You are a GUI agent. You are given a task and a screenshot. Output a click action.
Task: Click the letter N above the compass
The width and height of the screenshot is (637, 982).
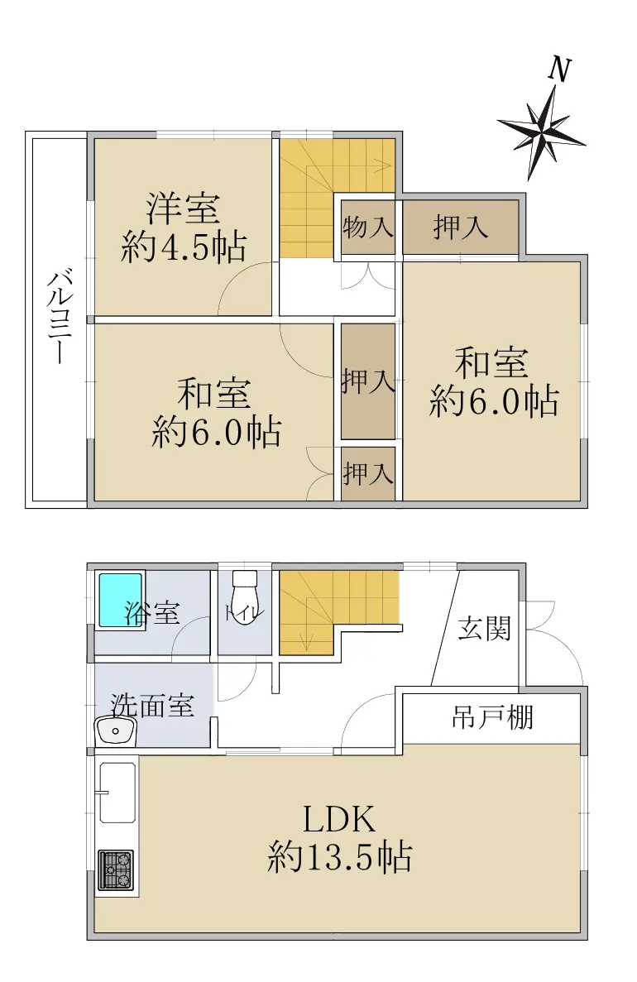coord(559,69)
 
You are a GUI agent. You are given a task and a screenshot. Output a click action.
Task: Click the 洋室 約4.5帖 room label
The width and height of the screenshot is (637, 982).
coord(184,228)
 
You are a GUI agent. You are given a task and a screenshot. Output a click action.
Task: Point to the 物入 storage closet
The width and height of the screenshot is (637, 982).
coord(367,227)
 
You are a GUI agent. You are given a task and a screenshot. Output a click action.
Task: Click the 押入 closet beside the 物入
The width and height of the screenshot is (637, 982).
coord(460,227)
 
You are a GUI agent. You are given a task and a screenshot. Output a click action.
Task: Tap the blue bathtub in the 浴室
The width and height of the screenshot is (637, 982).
coord(121,599)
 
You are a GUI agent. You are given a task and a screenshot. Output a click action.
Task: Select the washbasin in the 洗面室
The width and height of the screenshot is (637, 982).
coord(116,731)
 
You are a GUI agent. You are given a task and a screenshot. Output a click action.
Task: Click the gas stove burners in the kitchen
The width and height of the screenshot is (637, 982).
coord(116,869)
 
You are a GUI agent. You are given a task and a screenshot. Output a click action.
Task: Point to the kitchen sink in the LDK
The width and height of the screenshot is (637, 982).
coord(117,793)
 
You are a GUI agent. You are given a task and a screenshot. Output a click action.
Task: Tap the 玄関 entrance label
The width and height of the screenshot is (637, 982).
coord(484,628)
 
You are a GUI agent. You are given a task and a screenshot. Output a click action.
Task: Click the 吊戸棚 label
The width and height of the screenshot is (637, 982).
coord(492,718)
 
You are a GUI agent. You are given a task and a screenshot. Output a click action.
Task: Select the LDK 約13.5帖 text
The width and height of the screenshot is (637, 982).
coord(339,839)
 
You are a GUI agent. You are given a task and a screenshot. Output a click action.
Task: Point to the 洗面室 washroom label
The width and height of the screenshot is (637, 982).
coord(152,706)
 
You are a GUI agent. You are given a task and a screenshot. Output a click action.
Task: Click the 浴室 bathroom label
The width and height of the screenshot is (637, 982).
coord(152,612)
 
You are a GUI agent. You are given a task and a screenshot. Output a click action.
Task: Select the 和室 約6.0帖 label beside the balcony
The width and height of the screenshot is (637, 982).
coord(216,413)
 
